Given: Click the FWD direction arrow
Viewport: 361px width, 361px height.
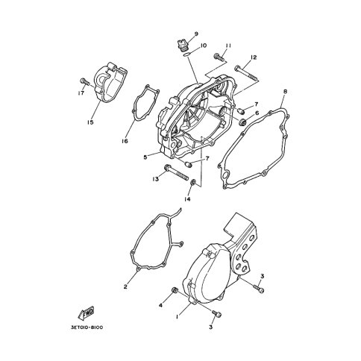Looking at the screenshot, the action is (x=86, y=313).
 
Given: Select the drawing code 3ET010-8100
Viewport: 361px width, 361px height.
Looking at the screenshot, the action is (x=87, y=327).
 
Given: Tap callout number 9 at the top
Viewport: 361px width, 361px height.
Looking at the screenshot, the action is (x=196, y=34).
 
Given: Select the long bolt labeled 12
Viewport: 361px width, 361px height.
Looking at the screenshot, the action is (x=247, y=73).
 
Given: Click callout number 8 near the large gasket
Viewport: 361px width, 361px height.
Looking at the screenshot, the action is (x=285, y=92).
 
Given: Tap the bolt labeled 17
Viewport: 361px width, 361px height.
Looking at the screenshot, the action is (x=84, y=81).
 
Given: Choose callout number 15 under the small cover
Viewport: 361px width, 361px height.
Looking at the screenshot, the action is (x=90, y=122).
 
